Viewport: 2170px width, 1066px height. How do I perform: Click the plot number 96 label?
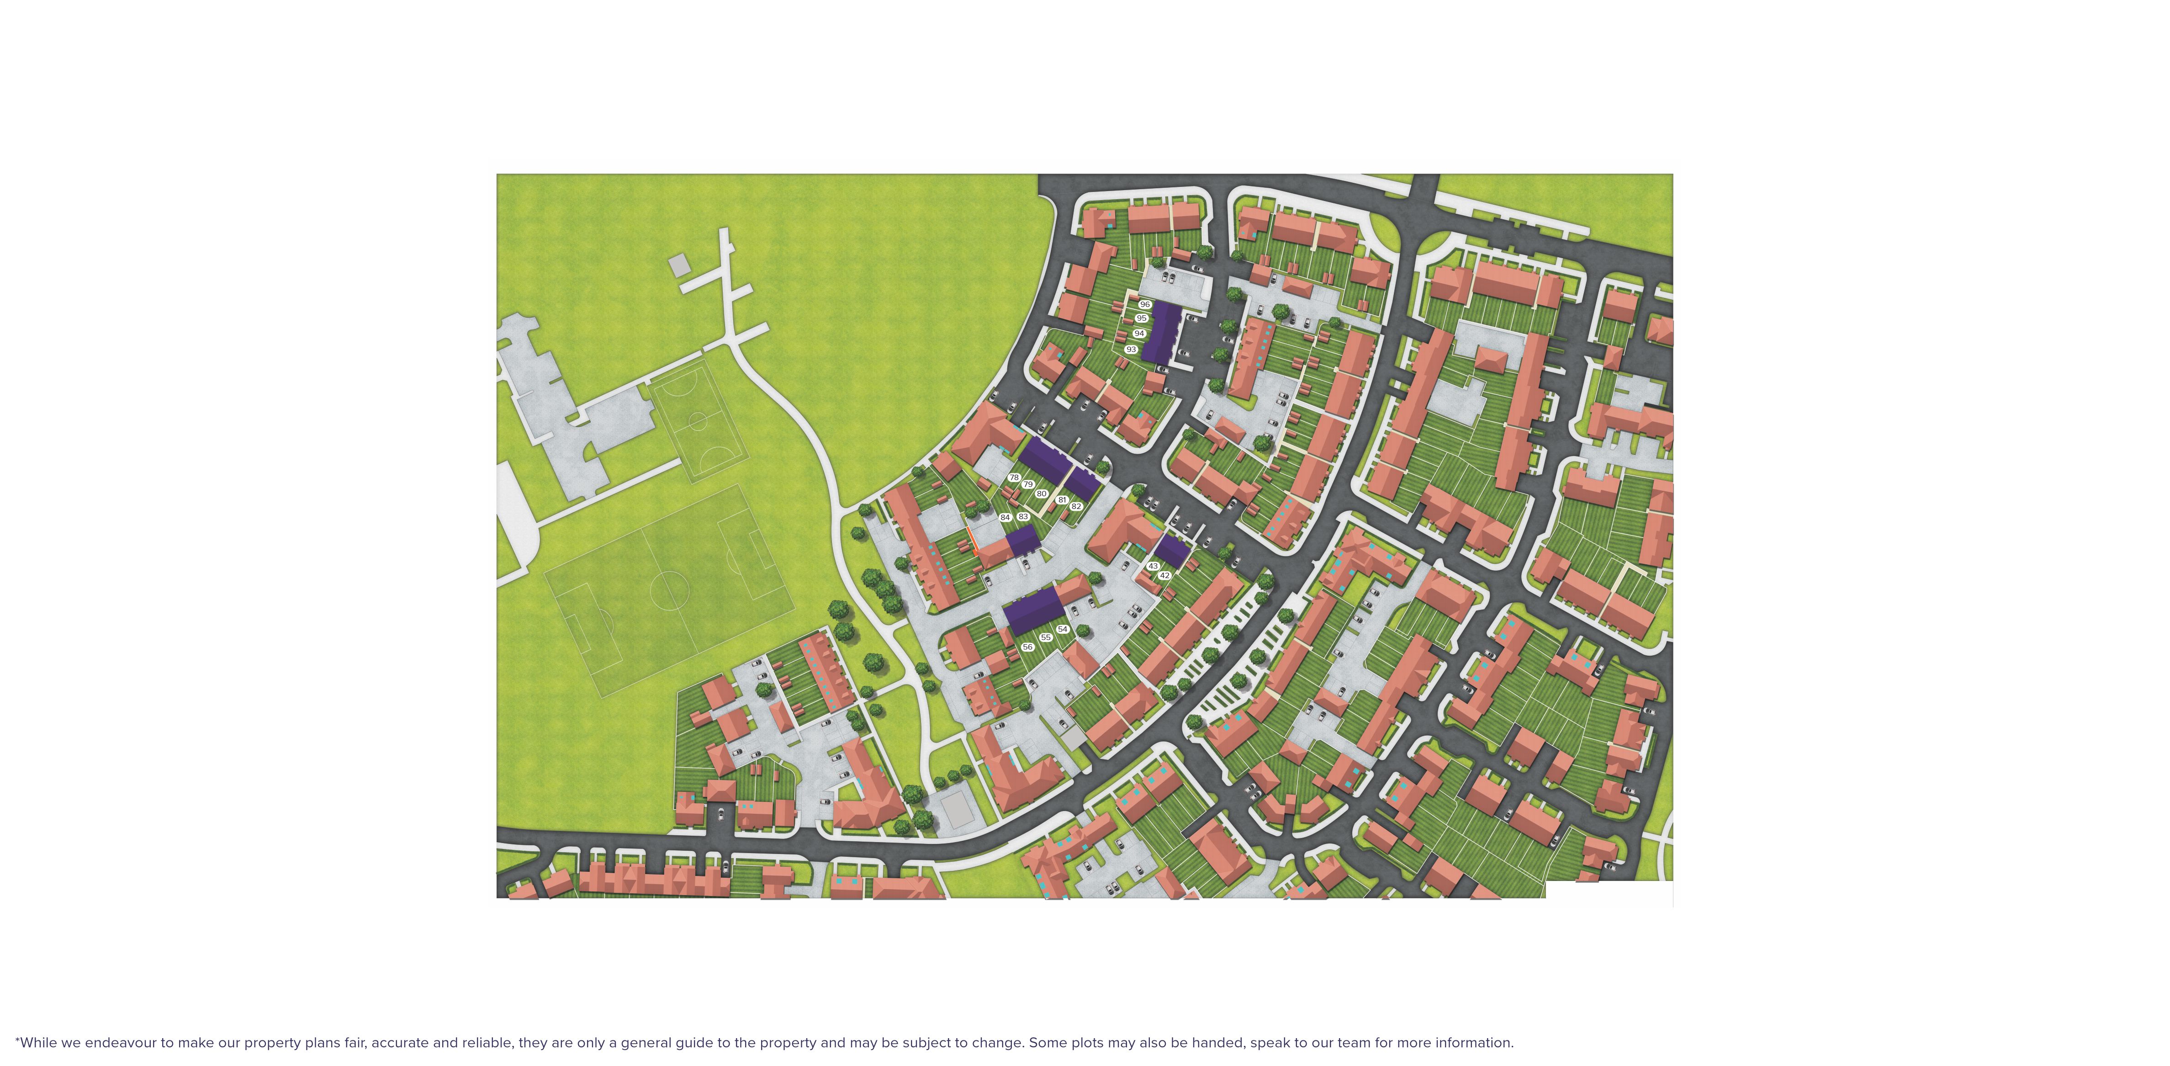click(x=1144, y=304)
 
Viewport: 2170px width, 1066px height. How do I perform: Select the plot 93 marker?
click(x=1131, y=349)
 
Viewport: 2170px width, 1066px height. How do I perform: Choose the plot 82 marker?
click(x=1076, y=506)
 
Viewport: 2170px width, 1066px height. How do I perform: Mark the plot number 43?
click(x=1153, y=566)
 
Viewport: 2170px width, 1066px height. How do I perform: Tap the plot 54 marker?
click(x=1062, y=629)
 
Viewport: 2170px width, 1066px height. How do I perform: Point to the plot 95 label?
click(x=1142, y=318)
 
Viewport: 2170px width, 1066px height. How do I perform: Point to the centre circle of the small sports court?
click(x=698, y=419)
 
